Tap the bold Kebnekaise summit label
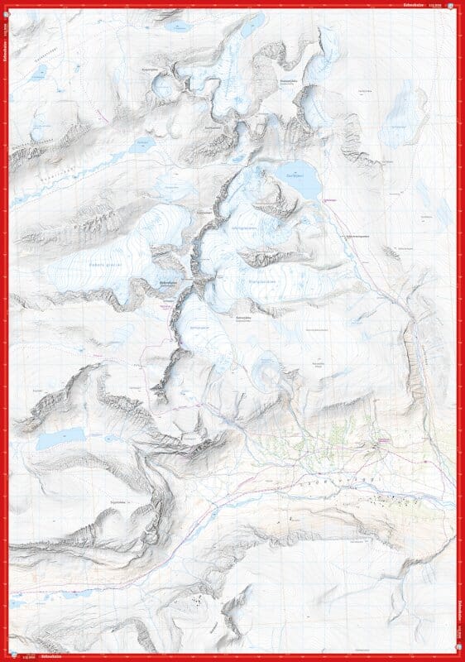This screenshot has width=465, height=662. (x=170, y=281)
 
